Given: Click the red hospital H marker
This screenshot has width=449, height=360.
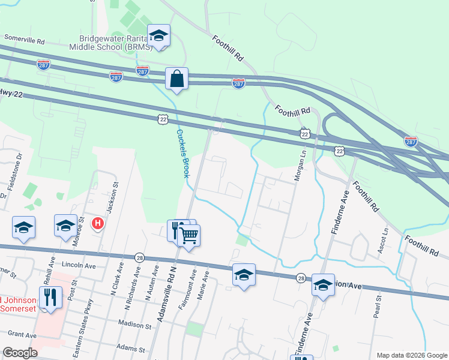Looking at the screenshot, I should [x=97, y=224].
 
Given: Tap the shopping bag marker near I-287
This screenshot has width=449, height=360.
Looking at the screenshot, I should [x=177, y=79].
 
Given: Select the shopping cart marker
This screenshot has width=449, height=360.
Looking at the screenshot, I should [x=189, y=235].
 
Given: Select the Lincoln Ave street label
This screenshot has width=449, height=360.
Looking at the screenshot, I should [x=79, y=265].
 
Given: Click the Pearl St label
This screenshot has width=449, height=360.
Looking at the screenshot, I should [x=378, y=307].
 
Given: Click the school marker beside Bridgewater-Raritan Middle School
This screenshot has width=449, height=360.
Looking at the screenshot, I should [x=159, y=35].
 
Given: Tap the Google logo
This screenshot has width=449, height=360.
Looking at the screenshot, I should [x=20, y=353].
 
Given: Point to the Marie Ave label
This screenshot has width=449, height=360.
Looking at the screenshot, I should [x=201, y=287].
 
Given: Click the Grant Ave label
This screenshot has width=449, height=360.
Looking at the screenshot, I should [x=23, y=334].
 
